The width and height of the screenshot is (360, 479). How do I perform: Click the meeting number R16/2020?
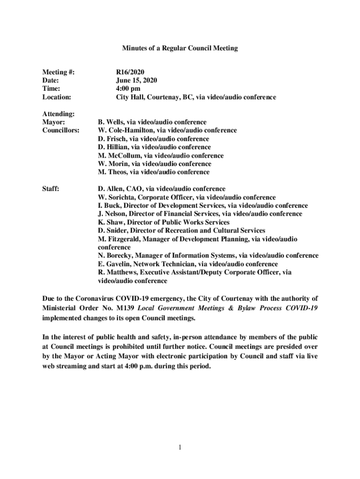130,73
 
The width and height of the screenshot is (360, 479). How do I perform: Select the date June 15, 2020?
137,80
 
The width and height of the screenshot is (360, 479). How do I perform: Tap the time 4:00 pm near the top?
128,89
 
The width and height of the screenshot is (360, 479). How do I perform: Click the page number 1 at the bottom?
180,448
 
